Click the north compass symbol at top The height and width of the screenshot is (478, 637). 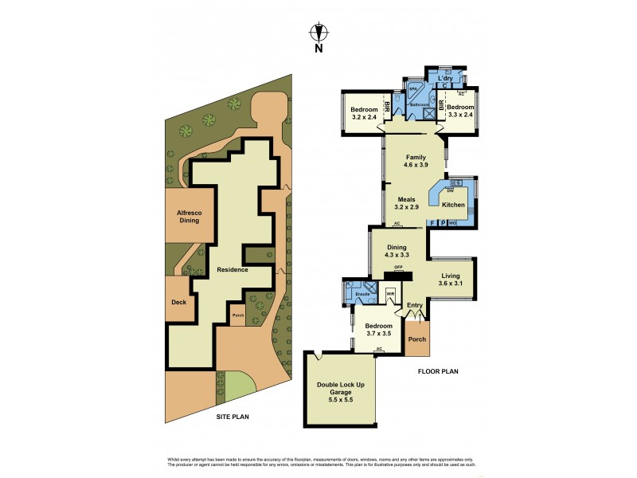pos(318,33)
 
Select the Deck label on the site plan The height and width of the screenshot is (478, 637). pos(179,302)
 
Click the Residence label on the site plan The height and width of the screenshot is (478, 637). pos(233,269)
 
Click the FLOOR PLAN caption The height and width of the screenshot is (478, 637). pos(438,371)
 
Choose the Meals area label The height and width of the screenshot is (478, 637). pos(407,198)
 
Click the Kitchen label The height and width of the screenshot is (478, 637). pos(453,205)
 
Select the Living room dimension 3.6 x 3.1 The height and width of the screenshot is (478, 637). pos(451,283)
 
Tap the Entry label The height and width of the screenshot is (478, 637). pos(415,305)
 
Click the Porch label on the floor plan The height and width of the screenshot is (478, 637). pos(416,339)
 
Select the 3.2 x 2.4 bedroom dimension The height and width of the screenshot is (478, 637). pos(365,118)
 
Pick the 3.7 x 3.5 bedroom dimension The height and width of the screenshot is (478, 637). pos(378,334)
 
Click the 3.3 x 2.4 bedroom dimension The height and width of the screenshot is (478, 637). pos(460,115)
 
